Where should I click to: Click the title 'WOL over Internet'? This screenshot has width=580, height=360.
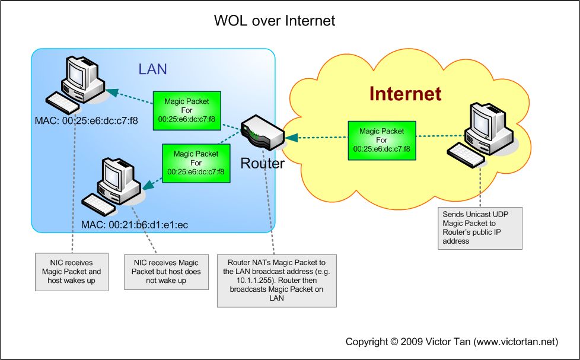pos(274,21)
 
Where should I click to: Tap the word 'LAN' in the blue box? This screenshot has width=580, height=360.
pos(152,69)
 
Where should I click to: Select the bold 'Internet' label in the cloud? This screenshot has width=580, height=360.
pos(405,94)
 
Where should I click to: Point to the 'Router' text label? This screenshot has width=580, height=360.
pos(262,163)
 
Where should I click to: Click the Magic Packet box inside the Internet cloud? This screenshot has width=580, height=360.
pos(381,141)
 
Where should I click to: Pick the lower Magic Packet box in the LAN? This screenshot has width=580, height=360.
pos(195,163)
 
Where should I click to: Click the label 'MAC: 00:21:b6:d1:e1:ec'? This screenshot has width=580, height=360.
pos(135,225)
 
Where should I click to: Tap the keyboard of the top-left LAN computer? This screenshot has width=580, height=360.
pos(62,103)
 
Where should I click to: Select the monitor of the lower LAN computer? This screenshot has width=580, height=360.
pos(116,175)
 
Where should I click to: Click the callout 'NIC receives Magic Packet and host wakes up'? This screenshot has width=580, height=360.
pos(72,271)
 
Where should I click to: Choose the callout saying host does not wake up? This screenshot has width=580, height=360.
pos(166,271)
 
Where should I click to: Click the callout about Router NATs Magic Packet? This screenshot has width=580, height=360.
pos(276,281)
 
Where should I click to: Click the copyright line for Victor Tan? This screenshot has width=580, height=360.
pos(452,342)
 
